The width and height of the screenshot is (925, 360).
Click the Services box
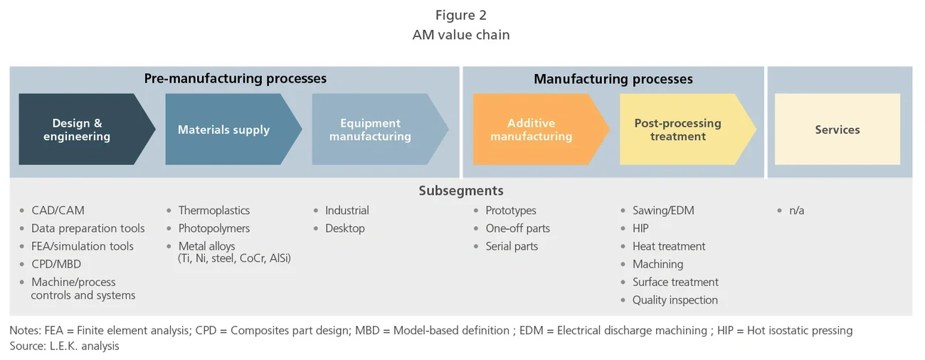(x=837, y=129)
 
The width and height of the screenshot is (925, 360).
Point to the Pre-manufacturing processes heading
(x=235, y=78)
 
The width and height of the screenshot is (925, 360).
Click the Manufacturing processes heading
(x=613, y=79)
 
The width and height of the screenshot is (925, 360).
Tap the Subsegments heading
(x=460, y=191)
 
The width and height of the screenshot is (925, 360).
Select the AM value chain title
(x=461, y=35)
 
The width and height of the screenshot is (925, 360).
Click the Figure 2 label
(x=461, y=16)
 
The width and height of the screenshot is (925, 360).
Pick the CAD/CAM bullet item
(x=58, y=211)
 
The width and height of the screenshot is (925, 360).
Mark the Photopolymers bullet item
(x=214, y=228)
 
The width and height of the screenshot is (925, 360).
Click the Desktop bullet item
(x=344, y=228)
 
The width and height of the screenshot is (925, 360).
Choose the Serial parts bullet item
(x=512, y=246)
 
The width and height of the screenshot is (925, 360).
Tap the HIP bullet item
(x=640, y=228)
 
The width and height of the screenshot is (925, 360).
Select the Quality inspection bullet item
(x=675, y=300)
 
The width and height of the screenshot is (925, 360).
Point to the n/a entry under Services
(x=796, y=211)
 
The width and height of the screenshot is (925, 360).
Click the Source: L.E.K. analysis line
(x=64, y=346)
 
